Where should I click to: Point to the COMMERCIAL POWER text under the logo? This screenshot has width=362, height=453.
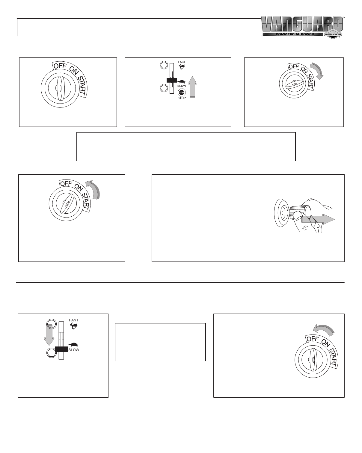pyautogui.click(x=295, y=34)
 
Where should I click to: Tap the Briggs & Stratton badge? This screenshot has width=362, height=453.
pyautogui.click(x=333, y=34)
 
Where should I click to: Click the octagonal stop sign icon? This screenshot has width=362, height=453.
pyautogui.click(x=182, y=93)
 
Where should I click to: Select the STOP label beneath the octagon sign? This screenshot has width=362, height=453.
pyautogui.click(x=182, y=98)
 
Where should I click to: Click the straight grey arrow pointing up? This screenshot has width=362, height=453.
pyautogui.click(x=192, y=87)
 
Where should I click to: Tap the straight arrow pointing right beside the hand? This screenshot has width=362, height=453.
pyautogui.click(x=318, y=220)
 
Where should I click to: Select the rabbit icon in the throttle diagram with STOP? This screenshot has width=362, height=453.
pyautogui.click(x=181, y=67)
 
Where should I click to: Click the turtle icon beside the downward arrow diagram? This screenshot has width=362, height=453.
pyautogui.click(x=74, y=345)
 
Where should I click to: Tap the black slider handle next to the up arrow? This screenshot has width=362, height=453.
pyautogui.click(x=171, y=80)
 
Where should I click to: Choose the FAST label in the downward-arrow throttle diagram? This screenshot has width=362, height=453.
pyautogui.click(x=74, y=320)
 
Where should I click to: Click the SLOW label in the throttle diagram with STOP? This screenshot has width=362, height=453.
pyautogui.click(x=182, y=86)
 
